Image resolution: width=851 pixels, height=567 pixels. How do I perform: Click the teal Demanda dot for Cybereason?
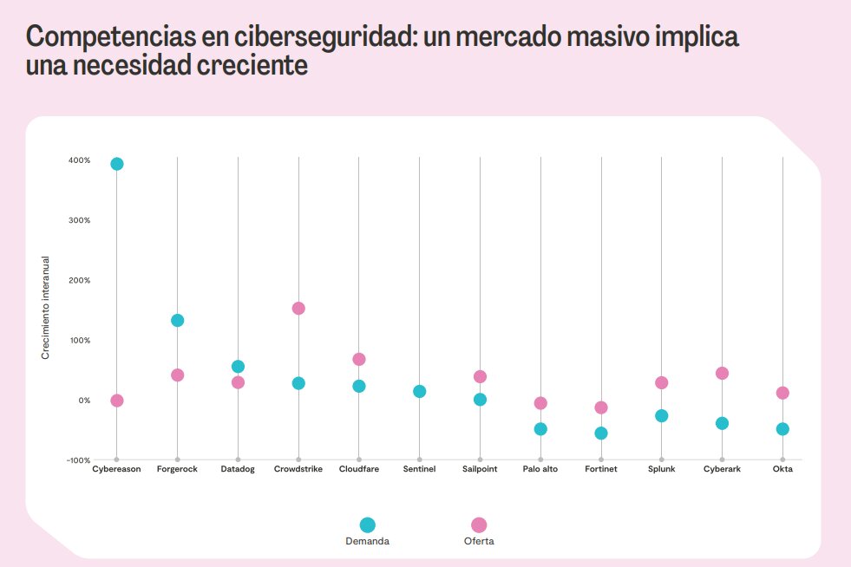coord(116,164)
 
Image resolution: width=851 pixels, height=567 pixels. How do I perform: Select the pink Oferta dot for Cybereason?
coord(116,401)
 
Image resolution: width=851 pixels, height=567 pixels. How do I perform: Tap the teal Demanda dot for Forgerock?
coord(177,320)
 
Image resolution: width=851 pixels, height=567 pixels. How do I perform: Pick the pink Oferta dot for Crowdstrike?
coord(298,308)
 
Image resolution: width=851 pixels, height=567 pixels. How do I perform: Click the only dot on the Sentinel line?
coord(419,391)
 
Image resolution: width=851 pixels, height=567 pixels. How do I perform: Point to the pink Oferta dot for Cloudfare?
coord(359,359)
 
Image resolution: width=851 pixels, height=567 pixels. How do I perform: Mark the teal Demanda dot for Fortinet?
coord(601,433)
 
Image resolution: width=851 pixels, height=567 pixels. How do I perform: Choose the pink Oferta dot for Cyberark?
coord(722,373)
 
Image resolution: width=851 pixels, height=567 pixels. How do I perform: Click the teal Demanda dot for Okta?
coord(782,428)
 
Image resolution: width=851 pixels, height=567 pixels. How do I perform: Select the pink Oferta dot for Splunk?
coord(661,382)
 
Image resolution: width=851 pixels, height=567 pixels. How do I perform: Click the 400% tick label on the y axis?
coord(79,160)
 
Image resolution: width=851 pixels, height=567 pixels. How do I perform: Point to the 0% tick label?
coord(83,401)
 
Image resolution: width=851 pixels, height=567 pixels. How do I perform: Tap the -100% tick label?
coord(77,459)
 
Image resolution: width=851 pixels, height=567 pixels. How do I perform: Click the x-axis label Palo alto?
coord(540,469)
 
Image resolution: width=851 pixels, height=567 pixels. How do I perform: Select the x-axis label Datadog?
coord(238,469)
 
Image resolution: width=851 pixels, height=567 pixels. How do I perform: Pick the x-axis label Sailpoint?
coord(480,469)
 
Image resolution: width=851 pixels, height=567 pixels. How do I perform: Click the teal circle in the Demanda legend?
coord(367,525)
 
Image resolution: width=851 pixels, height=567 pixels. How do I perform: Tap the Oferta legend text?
coord(479,541)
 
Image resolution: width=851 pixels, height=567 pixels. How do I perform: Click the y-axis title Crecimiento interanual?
coord(45,308)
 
